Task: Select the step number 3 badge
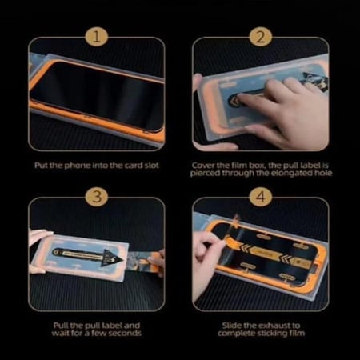point(97,196)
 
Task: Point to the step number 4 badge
point(260,196)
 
